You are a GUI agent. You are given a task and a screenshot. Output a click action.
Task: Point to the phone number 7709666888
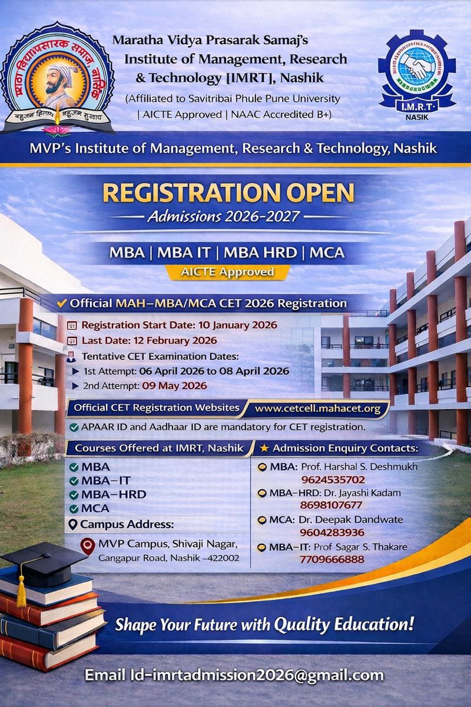click(x=332, y=559)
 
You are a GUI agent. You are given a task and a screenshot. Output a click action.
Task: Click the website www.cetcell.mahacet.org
click(x=318, y=408)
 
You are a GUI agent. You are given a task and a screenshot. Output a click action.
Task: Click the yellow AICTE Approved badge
click(x=227, y=272)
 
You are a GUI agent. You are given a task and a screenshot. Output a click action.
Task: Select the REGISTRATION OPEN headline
click(x=228, y=193)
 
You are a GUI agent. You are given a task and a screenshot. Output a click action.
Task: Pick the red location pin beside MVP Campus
click(x=87, y=546)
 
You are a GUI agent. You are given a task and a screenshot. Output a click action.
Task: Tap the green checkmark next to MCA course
click(x=74, y=508)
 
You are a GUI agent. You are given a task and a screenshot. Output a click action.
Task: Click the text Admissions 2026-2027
click(x=223, y=217)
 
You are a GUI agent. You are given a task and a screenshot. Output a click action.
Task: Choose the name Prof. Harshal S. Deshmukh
click(x=359, y=467)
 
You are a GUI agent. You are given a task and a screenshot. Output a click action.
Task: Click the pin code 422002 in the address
click(x=220, y=557)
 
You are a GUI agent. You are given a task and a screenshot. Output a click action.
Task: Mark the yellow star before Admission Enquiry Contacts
click(x=264, y=448)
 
